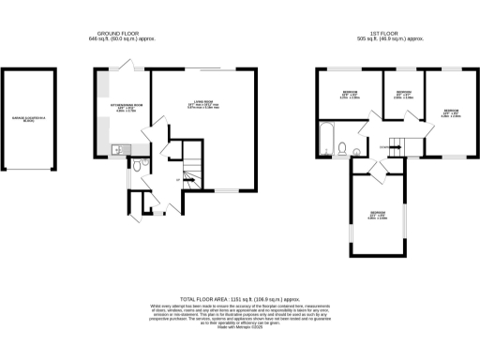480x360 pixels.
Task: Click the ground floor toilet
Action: (137, 166)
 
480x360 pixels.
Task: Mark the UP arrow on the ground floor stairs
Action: (178, 179)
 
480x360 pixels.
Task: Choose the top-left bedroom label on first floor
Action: (349, 94)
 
